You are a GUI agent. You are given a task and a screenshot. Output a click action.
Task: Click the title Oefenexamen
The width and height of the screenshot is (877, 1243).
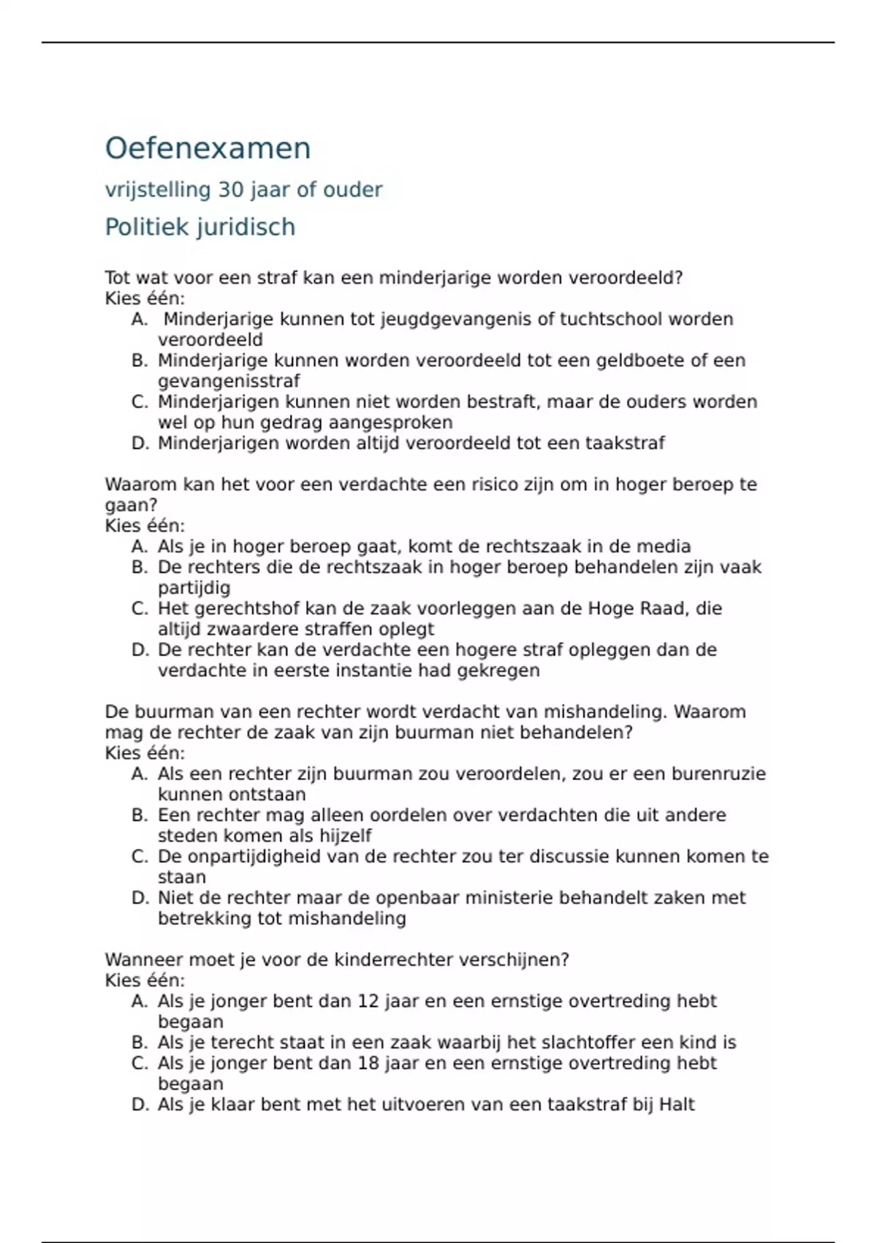208,148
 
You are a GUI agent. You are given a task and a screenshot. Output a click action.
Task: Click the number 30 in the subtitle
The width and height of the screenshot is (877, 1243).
230,190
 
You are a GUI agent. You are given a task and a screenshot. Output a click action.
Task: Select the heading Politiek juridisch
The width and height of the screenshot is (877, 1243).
200,227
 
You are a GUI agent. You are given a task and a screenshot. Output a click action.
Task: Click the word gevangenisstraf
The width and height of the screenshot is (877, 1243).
229,381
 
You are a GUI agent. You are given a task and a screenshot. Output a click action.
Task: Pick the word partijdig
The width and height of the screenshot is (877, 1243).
194,588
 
